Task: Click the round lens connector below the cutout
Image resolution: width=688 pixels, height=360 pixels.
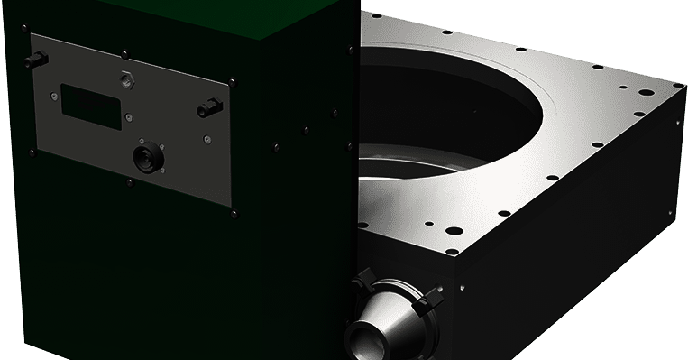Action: (x=144, y=158)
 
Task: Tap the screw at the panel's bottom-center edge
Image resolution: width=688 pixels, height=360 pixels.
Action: (x=131, y=181)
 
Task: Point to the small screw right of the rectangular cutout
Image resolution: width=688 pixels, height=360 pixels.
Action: (x=129, y=115)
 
